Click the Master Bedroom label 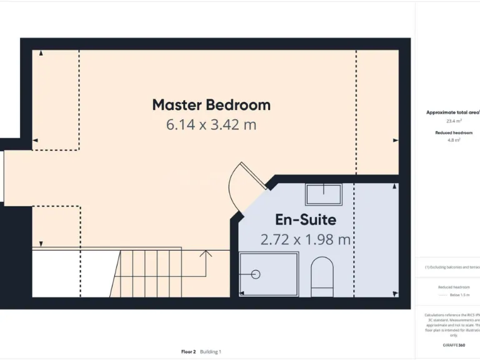[x=211, y=105]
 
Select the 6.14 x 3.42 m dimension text [x=211, y=124]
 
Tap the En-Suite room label [x=306, y=220]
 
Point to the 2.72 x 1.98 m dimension [x=306, y=239]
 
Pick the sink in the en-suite [x=323, y=194]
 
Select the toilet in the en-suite [x=322, y=277]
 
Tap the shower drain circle [x=255, y=274]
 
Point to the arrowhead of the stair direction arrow [x=206, y=252]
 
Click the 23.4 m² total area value [x=454, y=121]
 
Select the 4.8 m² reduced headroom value [x=454, y=141]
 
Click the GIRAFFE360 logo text [x=454, y=345]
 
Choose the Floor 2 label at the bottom [x=188, y=352]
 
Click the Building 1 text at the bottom [x=211, y=352]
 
